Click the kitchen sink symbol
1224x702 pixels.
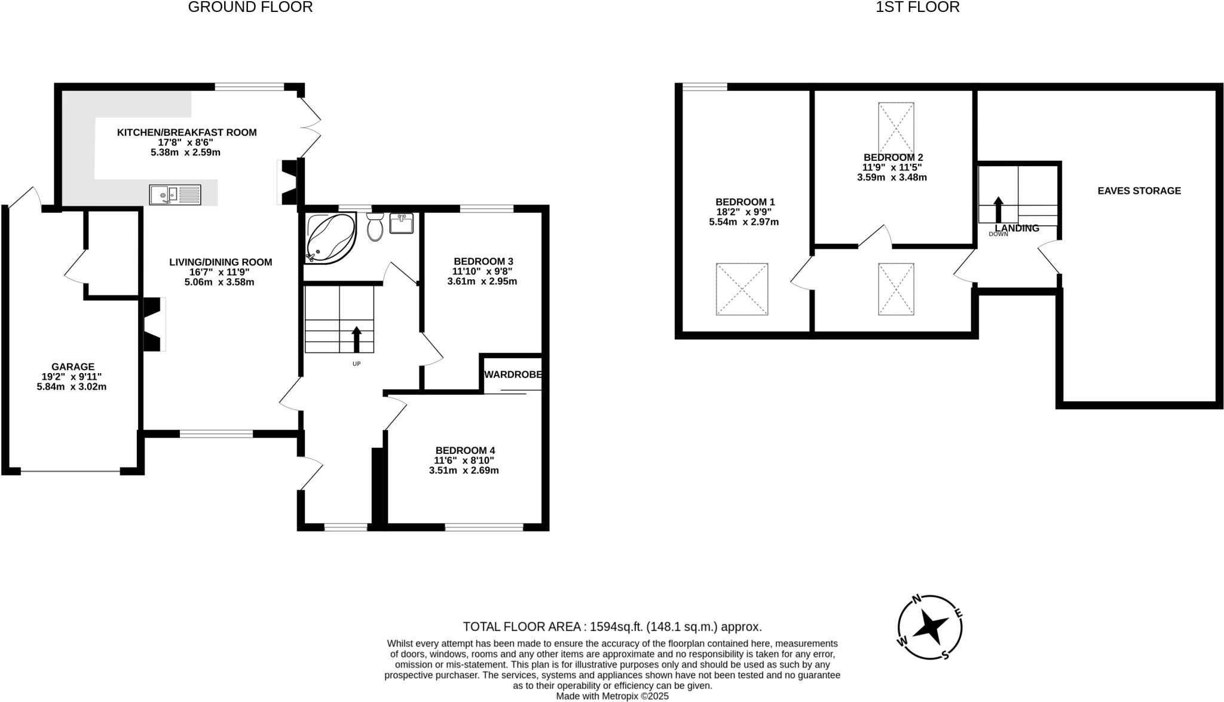[175, 195]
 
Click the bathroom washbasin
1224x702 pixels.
[401, 224]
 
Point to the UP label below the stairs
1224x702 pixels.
[357, 364]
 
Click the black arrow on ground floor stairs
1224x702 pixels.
[357, 339]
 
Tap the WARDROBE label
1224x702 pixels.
[513, 375]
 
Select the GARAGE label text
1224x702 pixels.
[72, 367]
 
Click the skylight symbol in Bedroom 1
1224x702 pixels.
[742, 289]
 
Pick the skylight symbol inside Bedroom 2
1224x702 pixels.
[896, 129]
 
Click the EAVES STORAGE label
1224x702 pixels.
[1139, 191]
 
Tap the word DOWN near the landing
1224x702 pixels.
[998, 234]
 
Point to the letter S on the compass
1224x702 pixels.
[945, 655]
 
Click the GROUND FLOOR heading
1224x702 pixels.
[250, 7]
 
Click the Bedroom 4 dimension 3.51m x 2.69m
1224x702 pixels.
[464, 471]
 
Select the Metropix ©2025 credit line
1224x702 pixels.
[612, 696]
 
